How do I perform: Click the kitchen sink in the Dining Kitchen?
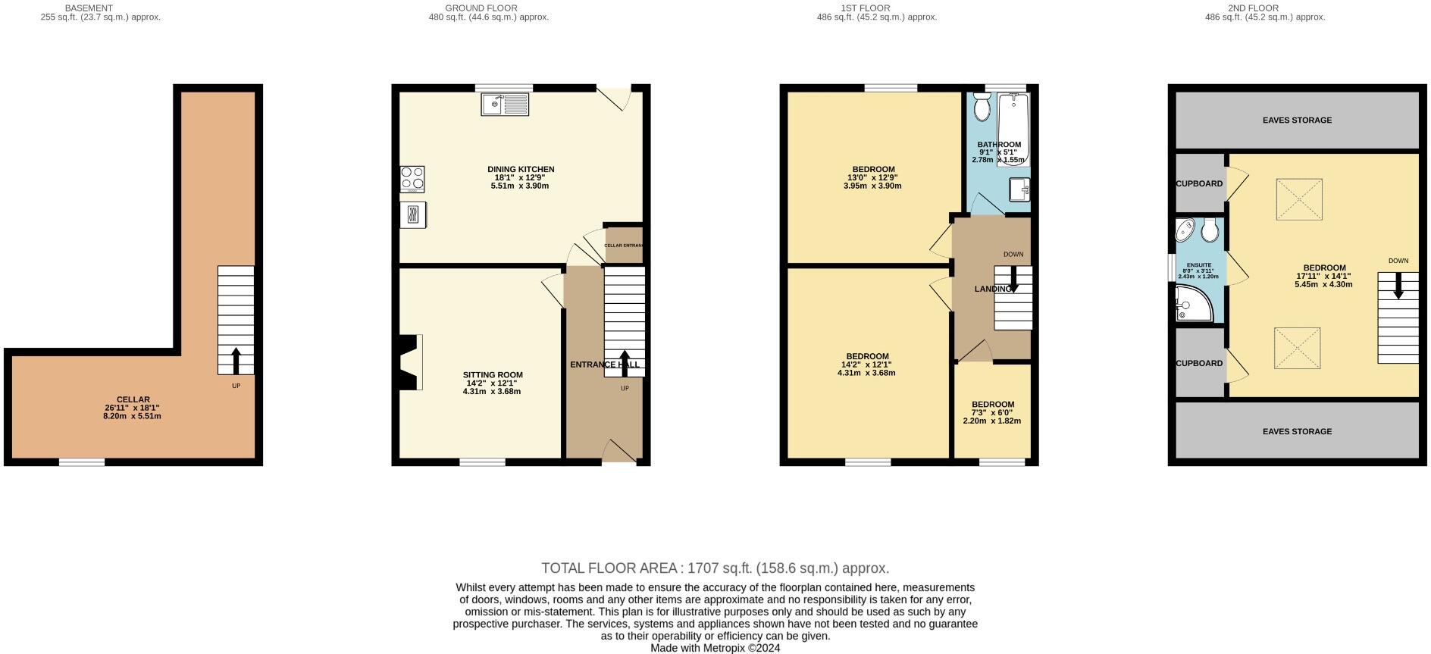[x=505, y=104]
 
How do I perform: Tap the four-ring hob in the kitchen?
[x=412, y=179]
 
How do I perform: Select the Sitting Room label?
[x=493, y=374]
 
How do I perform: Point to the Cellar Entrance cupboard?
[x=624, y=245]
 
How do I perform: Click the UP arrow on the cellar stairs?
[x=236, y=361]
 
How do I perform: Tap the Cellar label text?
[x=133, y=399]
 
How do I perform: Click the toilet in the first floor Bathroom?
[x=982, y=107]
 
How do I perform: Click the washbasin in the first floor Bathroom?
[x=1019, y=189]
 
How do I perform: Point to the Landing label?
[x=993, y=289]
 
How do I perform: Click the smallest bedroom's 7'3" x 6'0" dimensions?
[x=993, y=413]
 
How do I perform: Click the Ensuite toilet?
[x=1210, y=230]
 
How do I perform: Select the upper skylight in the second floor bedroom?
[x=1299, y=199]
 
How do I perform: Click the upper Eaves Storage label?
[x=1297, y=120]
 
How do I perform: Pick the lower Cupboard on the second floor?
[x=1200, y=363]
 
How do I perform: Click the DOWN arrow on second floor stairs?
[x=1398, y=285]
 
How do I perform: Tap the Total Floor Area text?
[x=715, y=568]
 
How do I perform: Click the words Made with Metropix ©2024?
[x=715, y=648]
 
